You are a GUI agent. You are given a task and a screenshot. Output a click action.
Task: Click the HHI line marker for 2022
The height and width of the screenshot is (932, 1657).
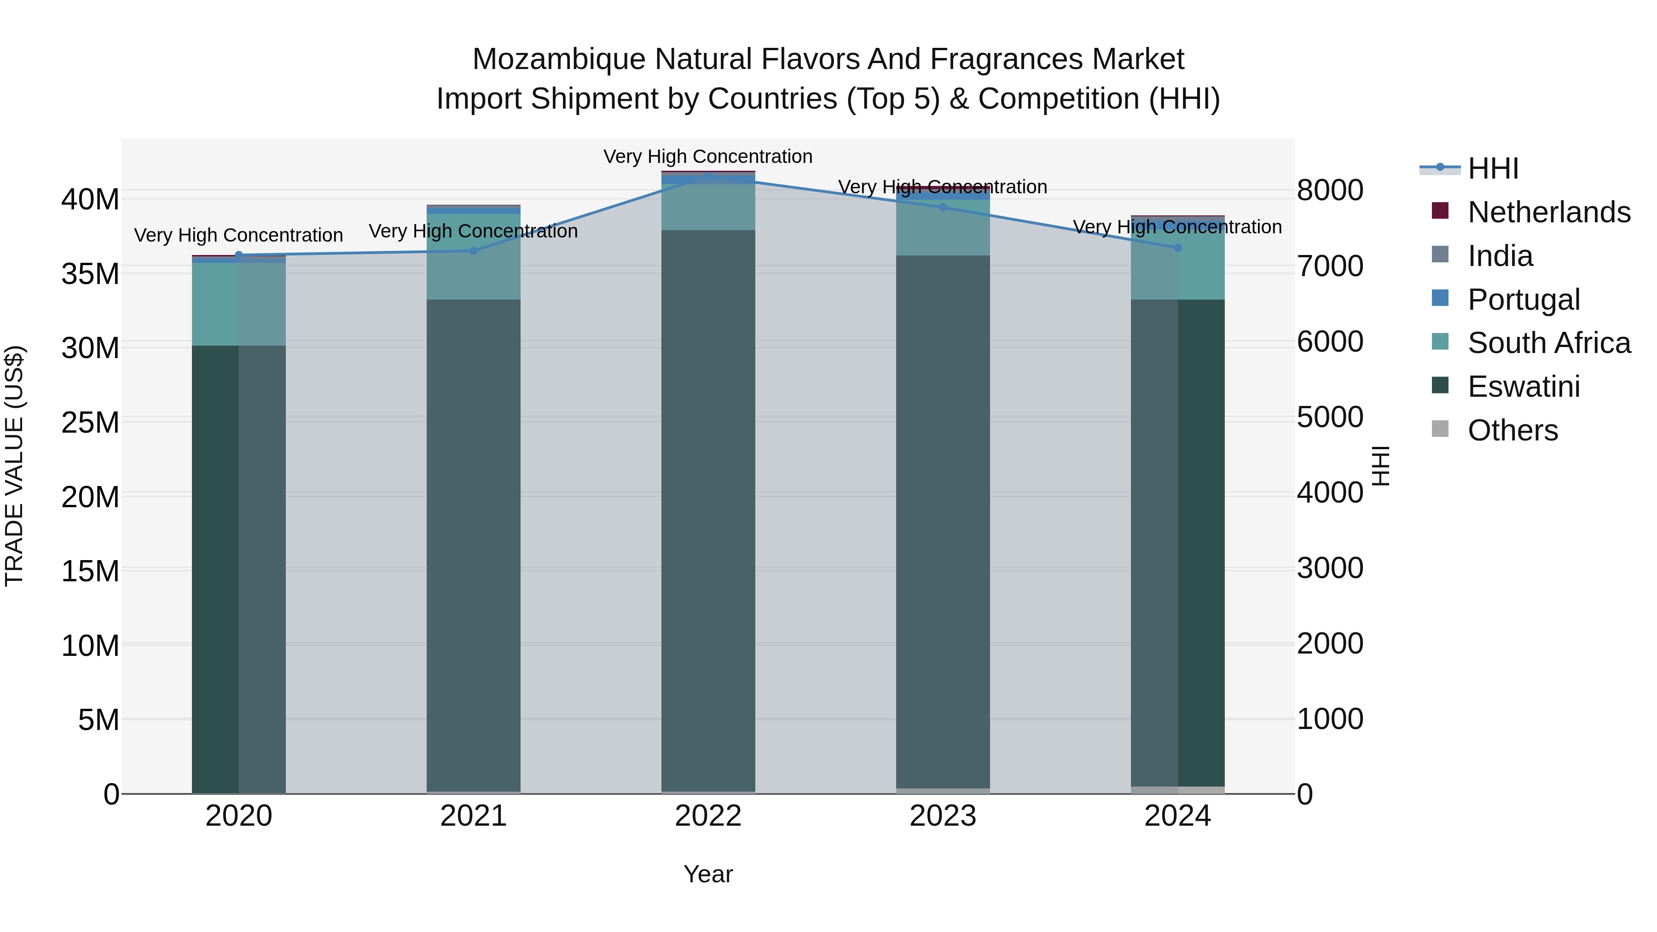[708, 176]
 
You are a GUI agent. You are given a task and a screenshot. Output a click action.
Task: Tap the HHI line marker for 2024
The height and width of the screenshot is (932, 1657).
[1178, 248]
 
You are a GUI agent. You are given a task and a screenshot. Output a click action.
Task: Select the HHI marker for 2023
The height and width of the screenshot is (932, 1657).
[943, 207]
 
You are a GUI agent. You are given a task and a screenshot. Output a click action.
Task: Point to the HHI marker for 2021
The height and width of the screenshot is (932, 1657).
[474, 251]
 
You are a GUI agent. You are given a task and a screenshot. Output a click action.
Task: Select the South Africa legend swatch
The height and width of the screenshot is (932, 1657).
[1440, 342]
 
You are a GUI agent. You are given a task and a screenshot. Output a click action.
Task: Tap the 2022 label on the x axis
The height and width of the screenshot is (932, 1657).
[708, 816]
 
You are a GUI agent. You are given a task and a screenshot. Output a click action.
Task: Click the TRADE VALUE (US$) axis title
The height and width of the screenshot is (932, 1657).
[14, 466]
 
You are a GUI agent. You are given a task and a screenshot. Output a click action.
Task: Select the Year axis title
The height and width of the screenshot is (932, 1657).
[708, 874]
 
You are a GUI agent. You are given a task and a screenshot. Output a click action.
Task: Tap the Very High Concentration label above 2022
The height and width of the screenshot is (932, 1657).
[708, 156]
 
